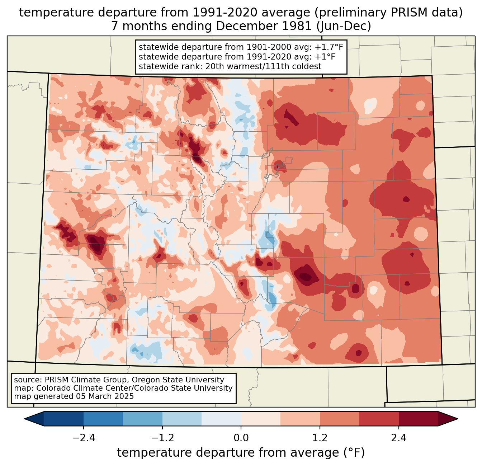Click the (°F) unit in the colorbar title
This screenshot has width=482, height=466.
tap(353, 453)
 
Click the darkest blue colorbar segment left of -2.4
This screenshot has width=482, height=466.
tap(64, 419)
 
